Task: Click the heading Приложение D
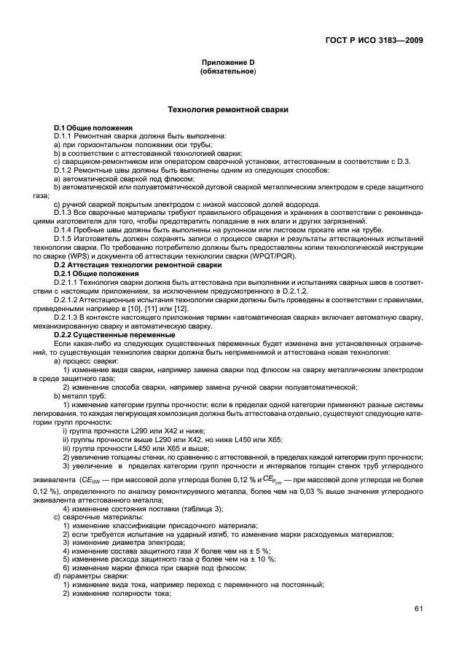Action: coord(229,63)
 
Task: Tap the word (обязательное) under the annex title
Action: coord(229,72)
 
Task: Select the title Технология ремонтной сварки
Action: coord(229,109)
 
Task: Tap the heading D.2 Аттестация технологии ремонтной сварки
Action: coord(125,265)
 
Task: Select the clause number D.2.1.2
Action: coord(69,299)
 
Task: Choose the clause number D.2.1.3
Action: coord(69,317)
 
